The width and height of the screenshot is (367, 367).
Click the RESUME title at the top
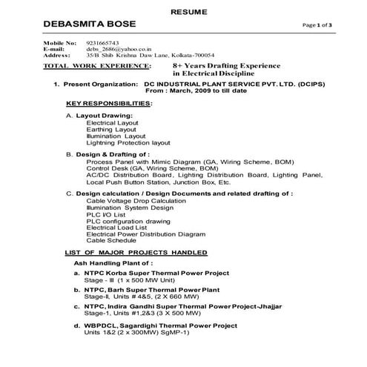click(x=182, y=12)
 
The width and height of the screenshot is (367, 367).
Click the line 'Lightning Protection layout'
click(x=128, y=142)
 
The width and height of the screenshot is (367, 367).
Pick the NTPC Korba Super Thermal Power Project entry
click(x=168, y=273)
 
